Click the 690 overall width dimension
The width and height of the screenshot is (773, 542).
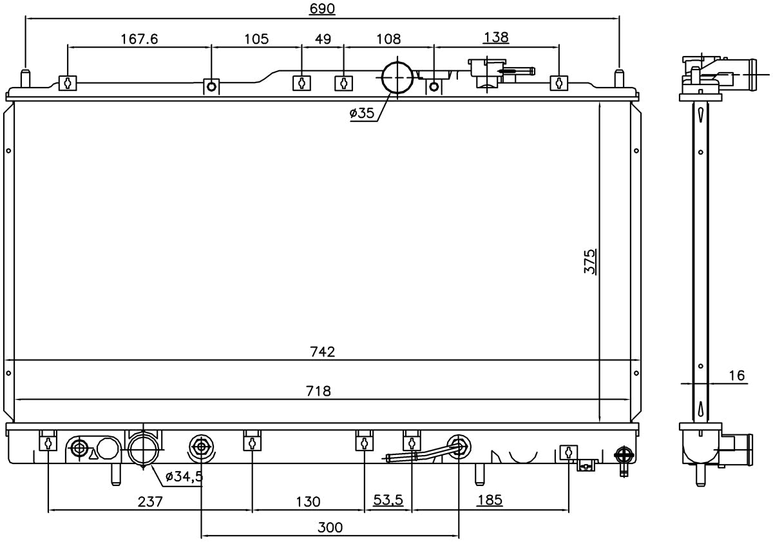[x=322, y=8]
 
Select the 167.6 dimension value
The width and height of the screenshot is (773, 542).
[x=139, y=39]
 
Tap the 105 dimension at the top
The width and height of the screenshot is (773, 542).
[x=256, y=39]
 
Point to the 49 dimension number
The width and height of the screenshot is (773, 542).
[x=323, y=39]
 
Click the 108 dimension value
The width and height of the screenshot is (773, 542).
[x=388, y=39]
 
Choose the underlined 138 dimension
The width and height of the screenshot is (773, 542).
[x=496, y=37]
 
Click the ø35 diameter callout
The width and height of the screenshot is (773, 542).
[x=361, y=113]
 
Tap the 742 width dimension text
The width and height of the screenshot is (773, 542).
[x=323, y=351]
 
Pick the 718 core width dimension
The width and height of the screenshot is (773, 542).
[x=318, y=391]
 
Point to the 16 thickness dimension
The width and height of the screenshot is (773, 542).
[x=737, y=375]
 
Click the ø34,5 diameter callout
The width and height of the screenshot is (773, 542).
[x=184, y=477]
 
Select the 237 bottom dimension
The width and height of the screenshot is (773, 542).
[x=150, y=501]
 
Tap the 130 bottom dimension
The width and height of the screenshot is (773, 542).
[x=308, y=501]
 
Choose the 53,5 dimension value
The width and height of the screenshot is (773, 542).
[x=388, y=500]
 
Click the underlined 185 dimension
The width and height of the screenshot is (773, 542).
[x=490, y=500]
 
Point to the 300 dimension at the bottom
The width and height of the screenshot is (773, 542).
[x=330, y=528]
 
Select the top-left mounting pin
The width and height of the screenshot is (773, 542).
[x=26, y=79]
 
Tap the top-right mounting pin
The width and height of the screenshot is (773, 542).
[x=620, y=79]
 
